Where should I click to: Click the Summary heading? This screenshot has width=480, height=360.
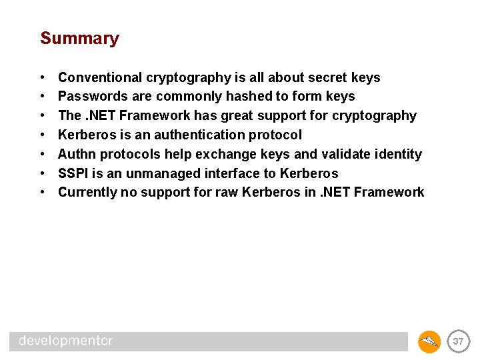[x=79, y=39]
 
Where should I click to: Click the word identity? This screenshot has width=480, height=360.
[x=399, y=155]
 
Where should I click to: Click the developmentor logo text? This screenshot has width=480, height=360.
[x=66, y=341]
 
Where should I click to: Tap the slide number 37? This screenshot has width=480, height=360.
[x=458, y=341]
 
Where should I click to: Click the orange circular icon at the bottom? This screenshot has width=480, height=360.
[x=429, y=341]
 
